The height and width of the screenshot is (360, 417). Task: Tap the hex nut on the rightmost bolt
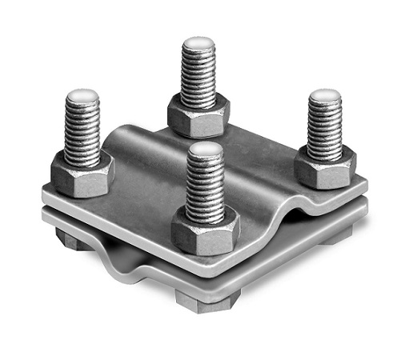pos(324,169)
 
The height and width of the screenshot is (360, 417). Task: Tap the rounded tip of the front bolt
pos(205,150)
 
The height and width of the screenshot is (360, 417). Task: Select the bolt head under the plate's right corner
pos(335,234)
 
